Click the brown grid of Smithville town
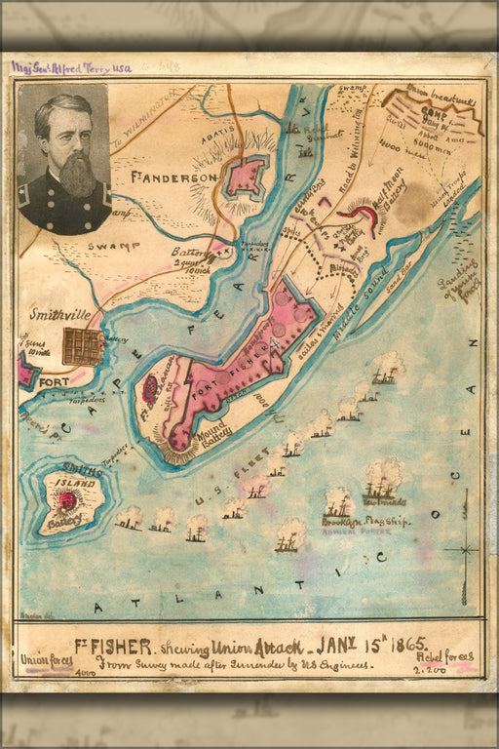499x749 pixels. [x=83, y=346]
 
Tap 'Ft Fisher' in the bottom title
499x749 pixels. [x=115, y=646]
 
